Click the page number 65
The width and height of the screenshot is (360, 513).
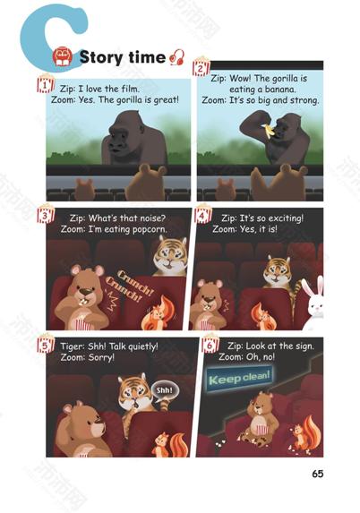[x=317, y=474]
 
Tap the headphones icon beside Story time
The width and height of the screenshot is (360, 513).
[x=177, y=57]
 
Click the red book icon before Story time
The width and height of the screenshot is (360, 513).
[x=63, y=56]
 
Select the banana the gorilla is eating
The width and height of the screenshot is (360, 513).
[x=268, y=130]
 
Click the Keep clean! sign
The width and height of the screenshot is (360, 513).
[x=239, y=378]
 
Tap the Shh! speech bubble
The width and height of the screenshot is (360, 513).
[x=164, y=391]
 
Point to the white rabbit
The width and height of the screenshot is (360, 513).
[x=313, y=303]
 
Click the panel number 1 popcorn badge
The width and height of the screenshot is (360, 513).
[x=45, y=83]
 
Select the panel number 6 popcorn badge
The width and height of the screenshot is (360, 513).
[x=210, y=343]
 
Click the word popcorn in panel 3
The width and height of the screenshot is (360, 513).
[x=150, y=229]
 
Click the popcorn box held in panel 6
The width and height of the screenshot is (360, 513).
[x=262, y=429]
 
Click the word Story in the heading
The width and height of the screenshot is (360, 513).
[x=101, y=57]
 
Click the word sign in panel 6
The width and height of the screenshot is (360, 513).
[x=304, y=346]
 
